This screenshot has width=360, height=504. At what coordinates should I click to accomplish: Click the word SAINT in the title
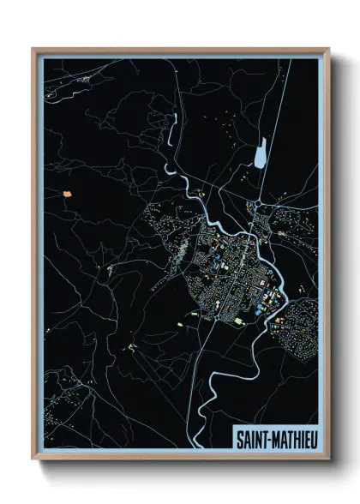pos(255,439)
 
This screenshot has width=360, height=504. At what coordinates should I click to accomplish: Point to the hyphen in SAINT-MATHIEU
pos(273,439)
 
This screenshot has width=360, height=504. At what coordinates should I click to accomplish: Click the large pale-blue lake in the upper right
pos(260,155)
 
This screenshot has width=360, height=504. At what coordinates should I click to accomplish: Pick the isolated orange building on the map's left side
pos(67,193)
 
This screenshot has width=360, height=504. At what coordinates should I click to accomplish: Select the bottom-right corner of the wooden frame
pos(328,458)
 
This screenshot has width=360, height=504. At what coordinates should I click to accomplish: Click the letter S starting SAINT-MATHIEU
pos(239,439)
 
